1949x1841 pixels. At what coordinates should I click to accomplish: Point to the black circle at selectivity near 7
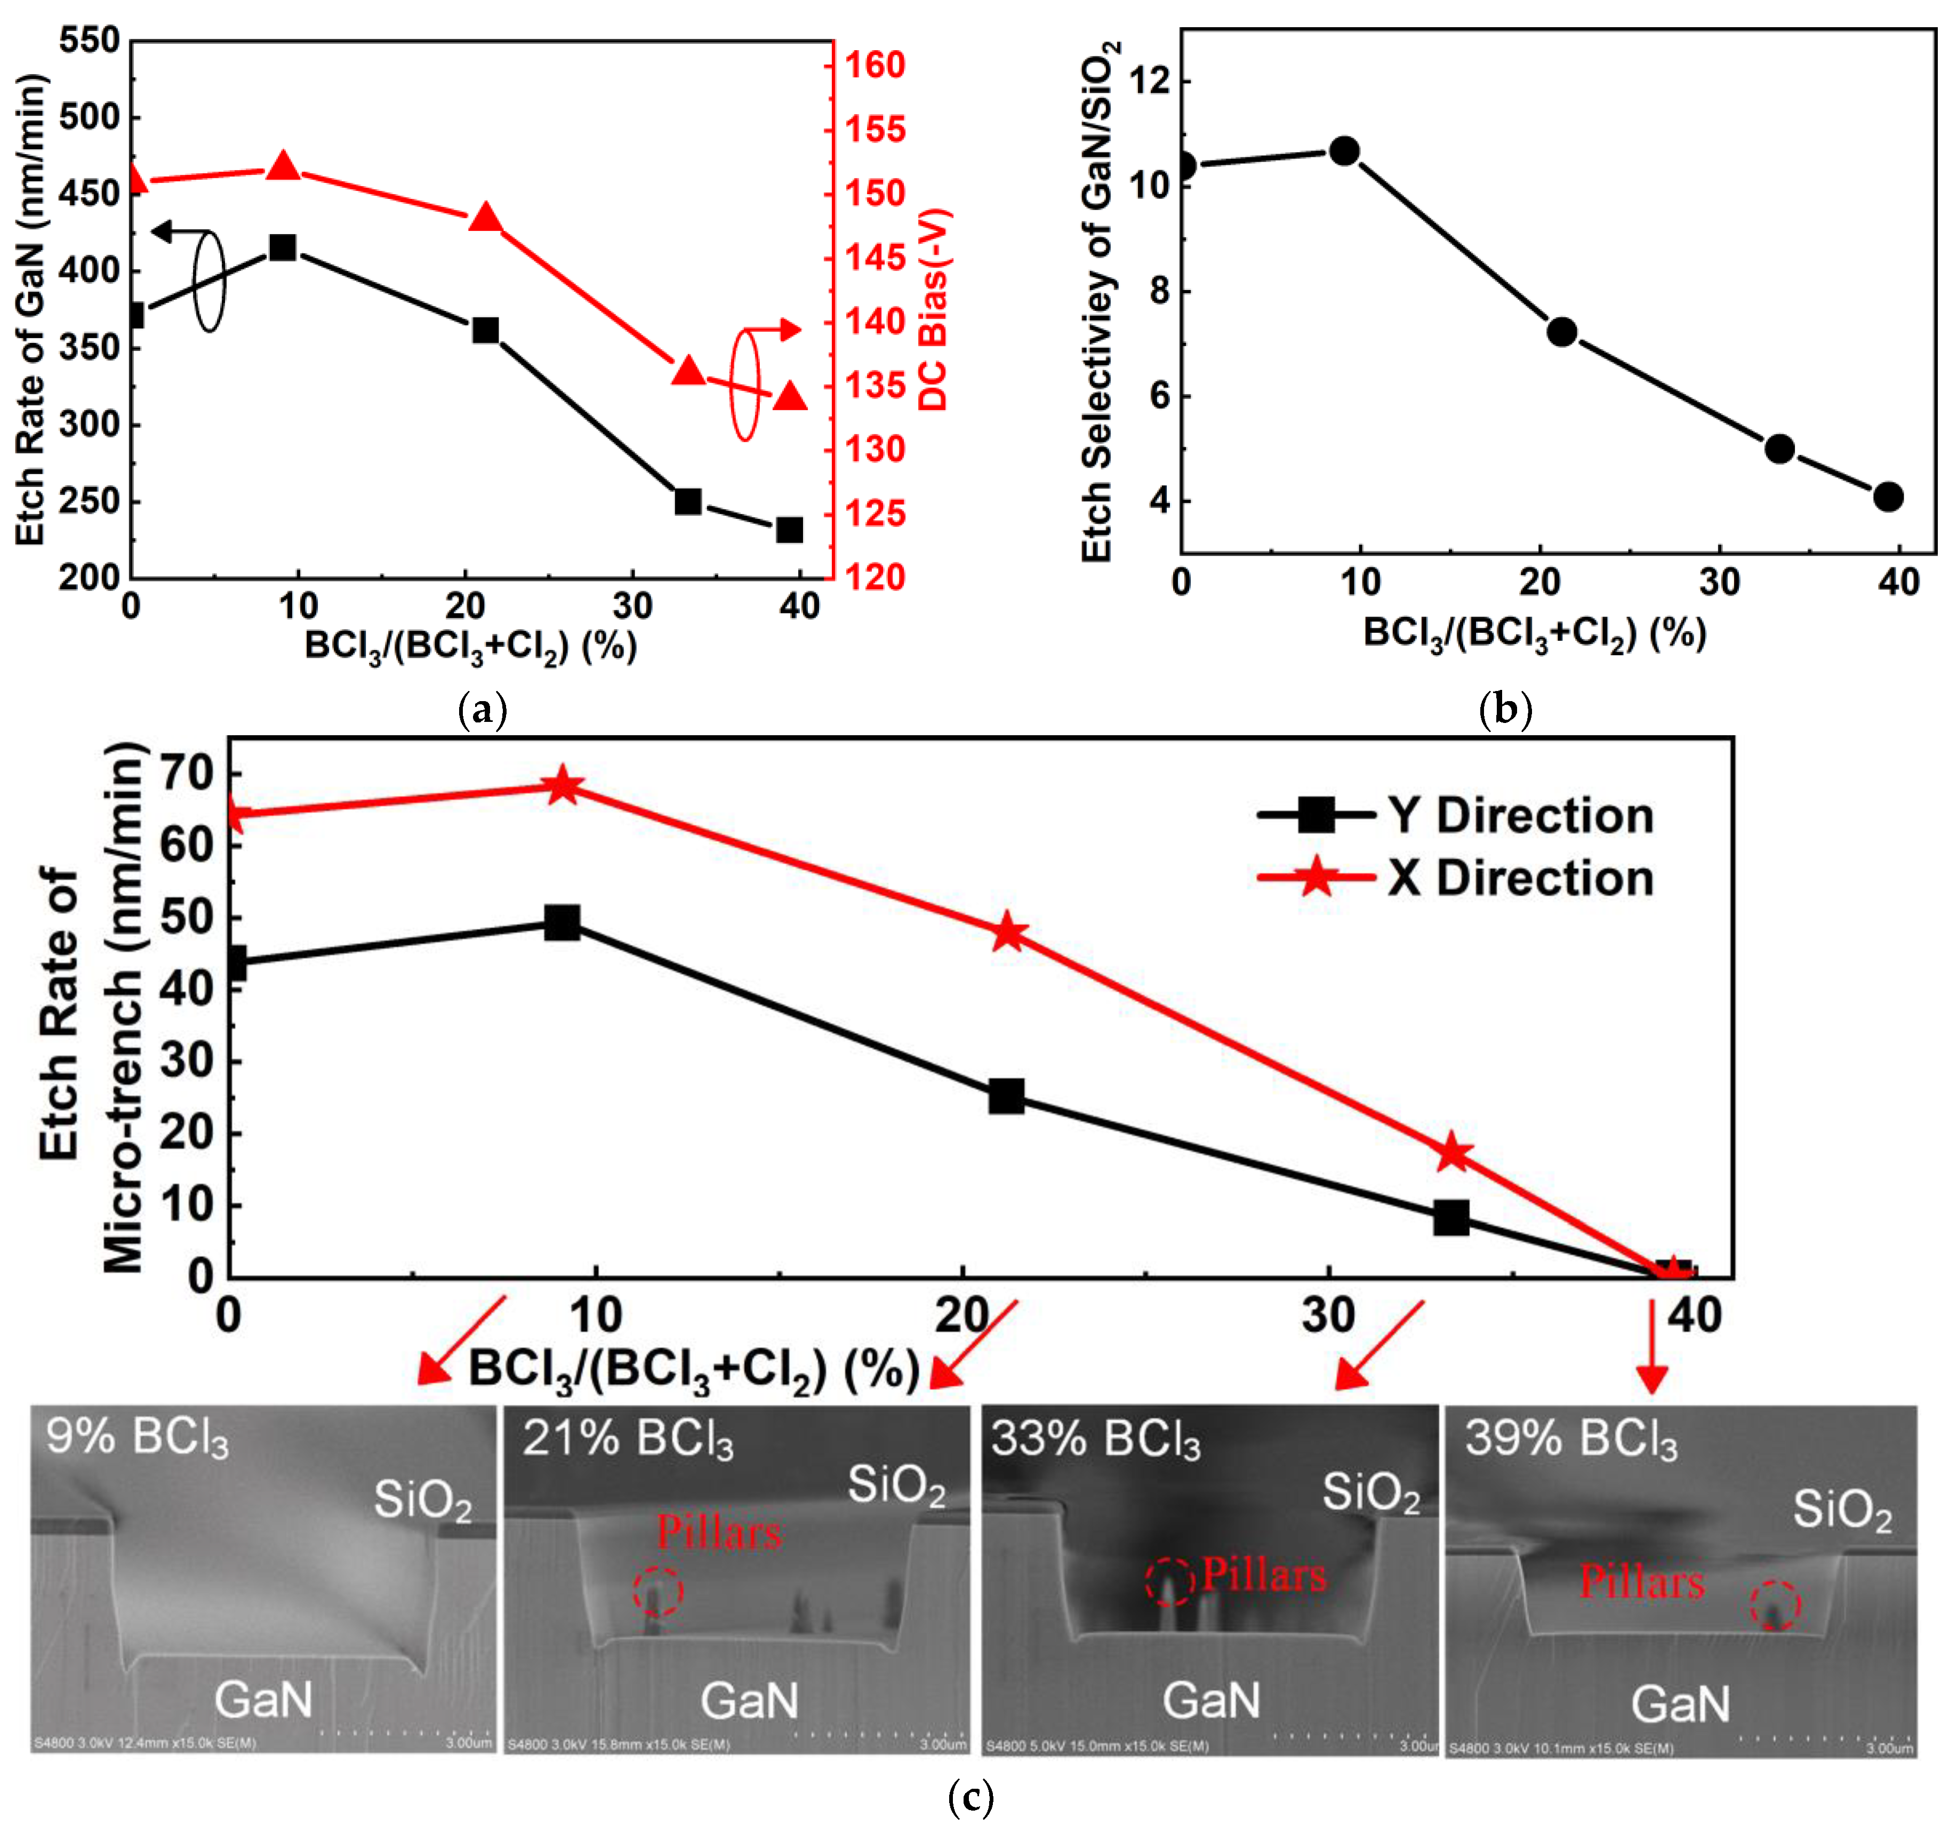click(1561, 332)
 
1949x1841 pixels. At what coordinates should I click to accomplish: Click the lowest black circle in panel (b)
click(1887, 496)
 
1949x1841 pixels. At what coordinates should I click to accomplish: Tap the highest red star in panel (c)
click(563, 786)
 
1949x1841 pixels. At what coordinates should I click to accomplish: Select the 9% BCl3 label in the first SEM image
click(138, 1438)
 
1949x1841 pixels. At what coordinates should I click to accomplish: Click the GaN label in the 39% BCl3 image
click(1680, 1705)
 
